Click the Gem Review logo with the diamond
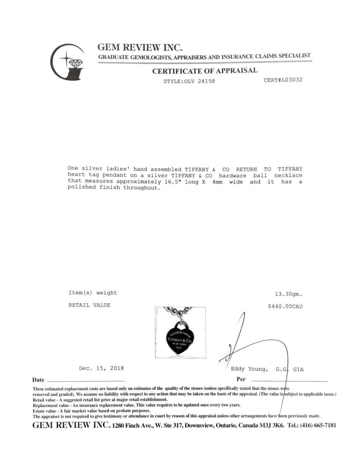pos(67,63)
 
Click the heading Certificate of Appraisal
pos(205,71)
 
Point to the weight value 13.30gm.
pos(288,294)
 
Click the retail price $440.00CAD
pos(285,307)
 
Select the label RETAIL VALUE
pos(89,305)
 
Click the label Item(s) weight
pos(93,293)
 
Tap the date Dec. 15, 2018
pos(101,368)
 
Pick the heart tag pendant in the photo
pos(180,337)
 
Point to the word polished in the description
pos(82,188)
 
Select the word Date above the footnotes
pos(38,380)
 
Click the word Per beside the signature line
pos(241,379)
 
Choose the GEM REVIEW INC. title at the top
pos(140,47)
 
